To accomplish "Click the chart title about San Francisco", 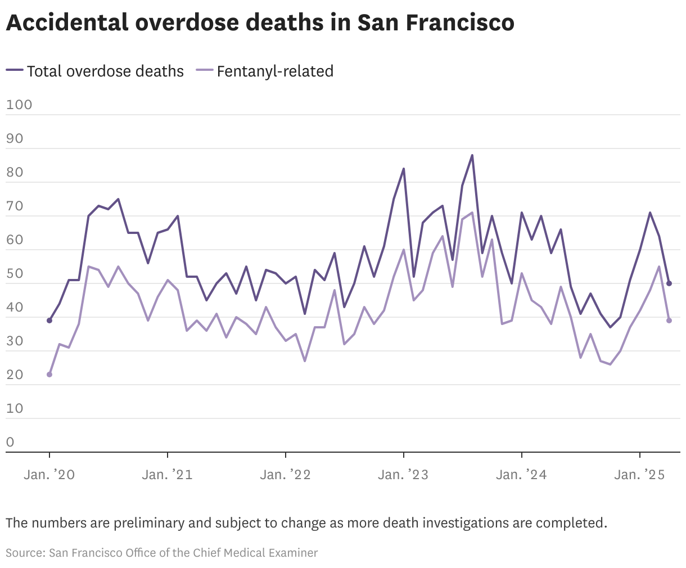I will click(x=260, y=22).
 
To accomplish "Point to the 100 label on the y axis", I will click(x=19, y=105).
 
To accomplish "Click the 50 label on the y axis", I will click(x=15, y=274).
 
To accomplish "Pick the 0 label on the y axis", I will click(x=10, y=442).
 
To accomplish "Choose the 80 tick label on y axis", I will click(x=15, y=173).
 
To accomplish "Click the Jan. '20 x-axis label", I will click(x=49, y=475).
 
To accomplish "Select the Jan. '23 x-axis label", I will click(x=403, y=475).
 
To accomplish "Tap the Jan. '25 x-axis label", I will click(x=639, y=475).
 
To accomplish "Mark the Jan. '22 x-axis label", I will click(x=285, y=475).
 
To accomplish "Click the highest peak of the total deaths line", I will click(x=472, y=155).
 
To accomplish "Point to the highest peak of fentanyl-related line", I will click(x=472, y=213).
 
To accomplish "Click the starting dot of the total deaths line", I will click(x=49, y=321).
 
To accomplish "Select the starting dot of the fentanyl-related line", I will click(x=49, y=375).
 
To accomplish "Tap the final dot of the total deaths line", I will click(x=669, y=283).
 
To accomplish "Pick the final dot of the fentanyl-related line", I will click(x=669, y=321).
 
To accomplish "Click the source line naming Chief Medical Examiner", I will click(x=161, y=553).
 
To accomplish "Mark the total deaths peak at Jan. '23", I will click(x=403, y=169).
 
